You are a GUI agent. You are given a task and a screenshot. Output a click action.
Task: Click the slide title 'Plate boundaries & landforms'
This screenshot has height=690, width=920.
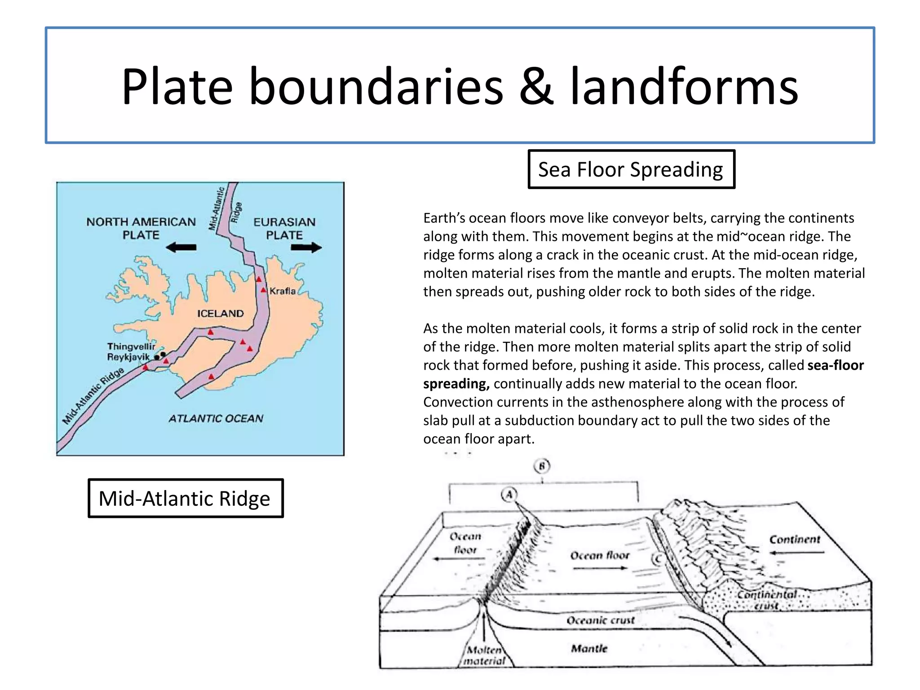click(460, 86)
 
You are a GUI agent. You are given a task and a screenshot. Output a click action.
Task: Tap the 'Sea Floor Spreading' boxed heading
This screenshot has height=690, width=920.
click(631, 170)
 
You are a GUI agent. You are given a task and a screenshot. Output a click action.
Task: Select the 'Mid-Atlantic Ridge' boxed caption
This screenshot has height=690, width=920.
click(185, 499)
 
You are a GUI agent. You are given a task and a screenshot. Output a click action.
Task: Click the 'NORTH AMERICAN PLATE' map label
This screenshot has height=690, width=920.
click(141, 228)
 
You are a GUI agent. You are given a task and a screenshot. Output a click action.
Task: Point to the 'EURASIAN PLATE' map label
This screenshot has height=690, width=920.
click(284, 228)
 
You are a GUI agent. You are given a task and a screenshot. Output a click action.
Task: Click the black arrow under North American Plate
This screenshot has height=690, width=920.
click(181, 247)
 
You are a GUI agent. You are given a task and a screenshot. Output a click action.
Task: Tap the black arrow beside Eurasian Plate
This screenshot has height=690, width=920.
click(306, 247)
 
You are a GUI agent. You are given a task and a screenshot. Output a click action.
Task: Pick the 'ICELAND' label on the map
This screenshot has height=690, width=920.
click(220, 314)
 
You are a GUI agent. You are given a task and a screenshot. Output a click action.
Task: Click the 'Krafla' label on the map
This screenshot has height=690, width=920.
click(283, 291)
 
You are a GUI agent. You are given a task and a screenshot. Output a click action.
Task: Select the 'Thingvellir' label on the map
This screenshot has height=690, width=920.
click(131, 346)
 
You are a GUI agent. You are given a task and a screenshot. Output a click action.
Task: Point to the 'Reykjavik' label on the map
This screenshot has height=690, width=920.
click(128, 357)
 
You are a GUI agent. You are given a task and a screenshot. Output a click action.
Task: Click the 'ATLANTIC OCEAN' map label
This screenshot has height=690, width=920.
click(216, 419)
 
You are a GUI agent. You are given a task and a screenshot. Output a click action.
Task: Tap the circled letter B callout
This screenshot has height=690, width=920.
click(542, 466)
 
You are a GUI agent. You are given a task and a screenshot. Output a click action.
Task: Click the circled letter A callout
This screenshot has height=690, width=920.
click(509, 495)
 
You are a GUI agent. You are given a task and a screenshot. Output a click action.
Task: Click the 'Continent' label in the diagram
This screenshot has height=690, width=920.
click(795, 540)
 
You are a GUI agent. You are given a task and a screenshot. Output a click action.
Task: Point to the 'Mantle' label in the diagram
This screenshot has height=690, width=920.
click(589, 649)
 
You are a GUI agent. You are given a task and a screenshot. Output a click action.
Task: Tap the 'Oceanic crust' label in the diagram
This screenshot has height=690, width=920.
click(601, 621)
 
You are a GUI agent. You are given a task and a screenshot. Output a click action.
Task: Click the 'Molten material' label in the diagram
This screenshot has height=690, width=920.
click(484, 655)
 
